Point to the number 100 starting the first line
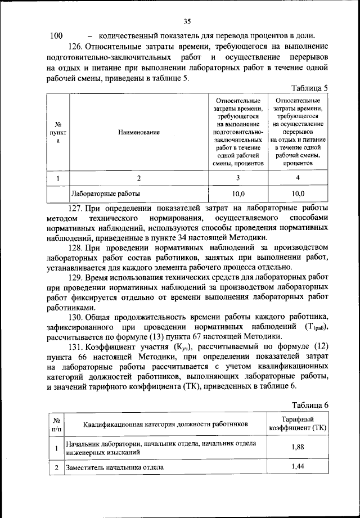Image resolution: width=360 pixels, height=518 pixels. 57,36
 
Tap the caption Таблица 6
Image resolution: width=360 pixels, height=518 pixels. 310,404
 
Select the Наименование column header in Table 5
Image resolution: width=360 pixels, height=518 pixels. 139,132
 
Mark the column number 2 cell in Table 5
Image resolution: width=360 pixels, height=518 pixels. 139,178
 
